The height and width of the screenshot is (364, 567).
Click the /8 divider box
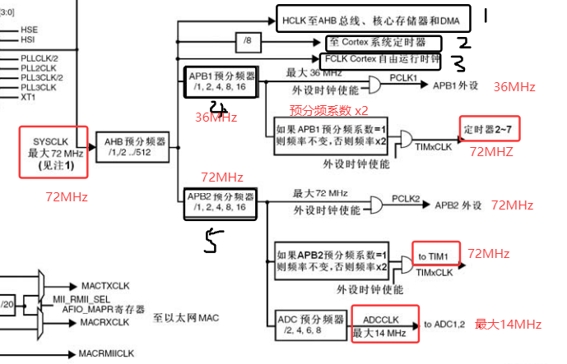click(248, 40)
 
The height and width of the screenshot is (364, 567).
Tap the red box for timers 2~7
click(490, 131)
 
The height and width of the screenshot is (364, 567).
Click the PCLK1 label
click(404, 77)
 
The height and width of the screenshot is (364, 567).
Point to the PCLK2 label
click(406, 199)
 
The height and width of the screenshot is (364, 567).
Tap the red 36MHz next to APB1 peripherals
click(514, 87)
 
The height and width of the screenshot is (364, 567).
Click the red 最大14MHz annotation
click(508, 325)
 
